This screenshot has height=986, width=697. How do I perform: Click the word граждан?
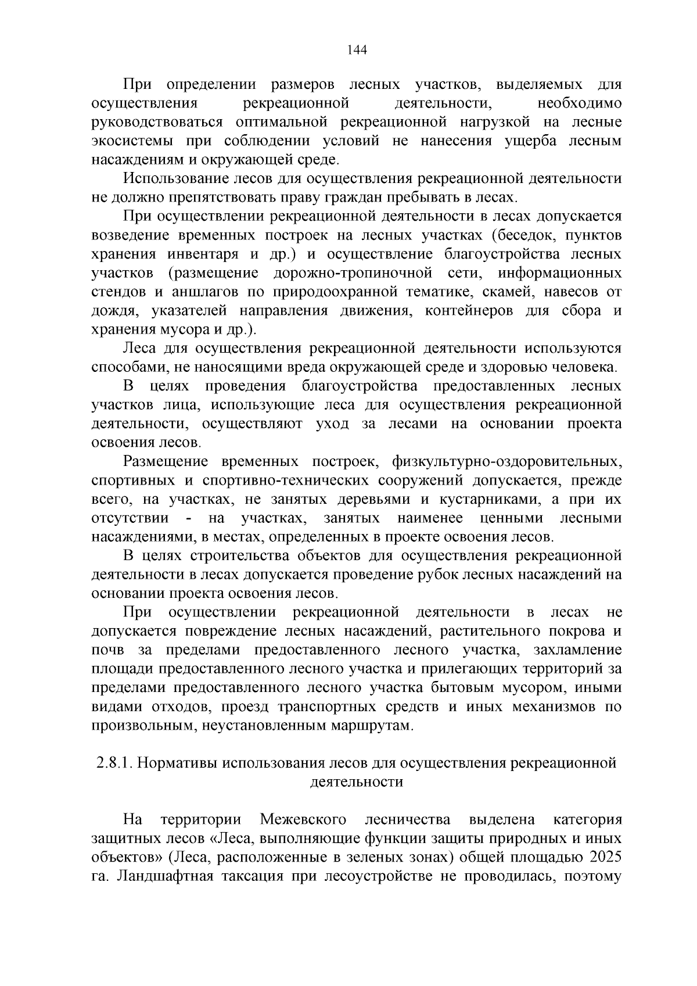(x=397, y=197)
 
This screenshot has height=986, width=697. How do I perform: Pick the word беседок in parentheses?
(x=526, y=235)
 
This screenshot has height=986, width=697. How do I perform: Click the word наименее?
(x=430, y=518)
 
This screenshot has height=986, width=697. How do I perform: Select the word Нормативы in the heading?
(x=180, y=763)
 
